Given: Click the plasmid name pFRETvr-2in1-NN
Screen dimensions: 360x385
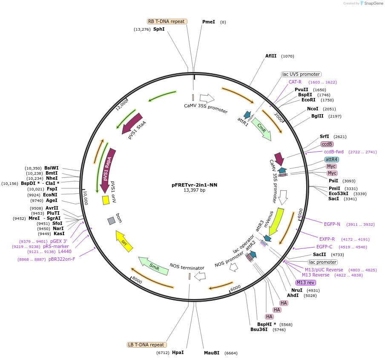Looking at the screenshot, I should pos(194,185).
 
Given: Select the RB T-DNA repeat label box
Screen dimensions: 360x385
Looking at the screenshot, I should pos(167,21).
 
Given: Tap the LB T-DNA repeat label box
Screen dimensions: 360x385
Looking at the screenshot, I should pos(147,345).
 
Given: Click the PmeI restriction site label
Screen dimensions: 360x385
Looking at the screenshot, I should pos(209,22).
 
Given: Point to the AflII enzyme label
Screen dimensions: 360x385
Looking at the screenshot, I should pos(271,56).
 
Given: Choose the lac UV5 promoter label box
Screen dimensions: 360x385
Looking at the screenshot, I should pos(301,74).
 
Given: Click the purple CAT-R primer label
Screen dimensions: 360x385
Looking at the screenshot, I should pos(295,82).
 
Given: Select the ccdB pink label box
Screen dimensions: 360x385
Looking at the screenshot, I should pos(327,144).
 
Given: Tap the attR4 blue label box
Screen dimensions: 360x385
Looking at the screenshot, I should pos(332,159).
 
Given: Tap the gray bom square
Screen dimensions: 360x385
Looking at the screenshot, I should pos(111,221).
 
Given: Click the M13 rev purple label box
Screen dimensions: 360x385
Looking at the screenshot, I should pos(306,282).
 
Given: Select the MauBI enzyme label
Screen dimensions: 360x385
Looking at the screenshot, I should pos(212,353).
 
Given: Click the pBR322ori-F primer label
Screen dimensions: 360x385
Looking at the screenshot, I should pos(62,259).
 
